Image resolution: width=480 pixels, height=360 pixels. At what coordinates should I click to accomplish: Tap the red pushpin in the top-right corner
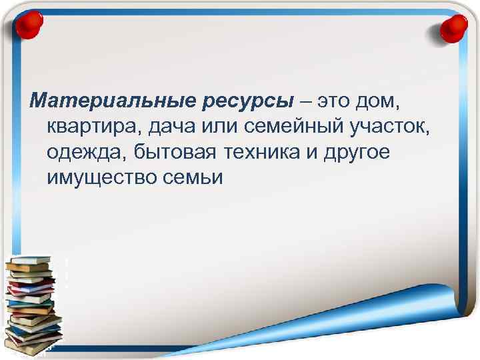point(454,28)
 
